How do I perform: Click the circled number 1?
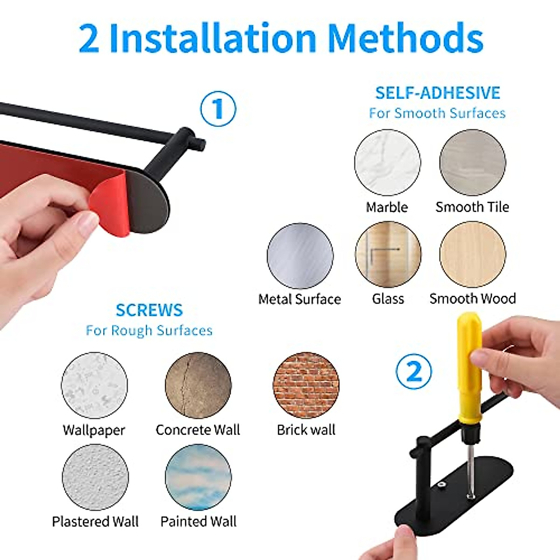[x=218, y=109]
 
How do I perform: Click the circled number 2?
[x=413, y=371]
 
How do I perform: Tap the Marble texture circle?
[x=387, y=162]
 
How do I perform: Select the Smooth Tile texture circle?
[x=472, y=162]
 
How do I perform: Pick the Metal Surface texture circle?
[x=300, y=256]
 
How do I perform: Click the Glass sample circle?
[x=388, y=255]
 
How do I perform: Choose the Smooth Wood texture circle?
[x=472, y=255]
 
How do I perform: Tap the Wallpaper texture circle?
[x=94, y=385]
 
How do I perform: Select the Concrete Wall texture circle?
[x=198, y=385]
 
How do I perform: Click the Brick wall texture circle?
[x=306, y=385]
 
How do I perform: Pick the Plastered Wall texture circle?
[x=95, y=477]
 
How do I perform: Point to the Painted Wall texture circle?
[x=198, y=477]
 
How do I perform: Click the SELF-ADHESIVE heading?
[x=437, y=93]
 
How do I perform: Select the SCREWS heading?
[x=149, y=310]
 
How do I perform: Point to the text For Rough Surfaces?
[x=149, y=331]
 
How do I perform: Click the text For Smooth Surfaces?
[x=437, y=113]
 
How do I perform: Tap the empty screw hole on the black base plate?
[x=441, y=486]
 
